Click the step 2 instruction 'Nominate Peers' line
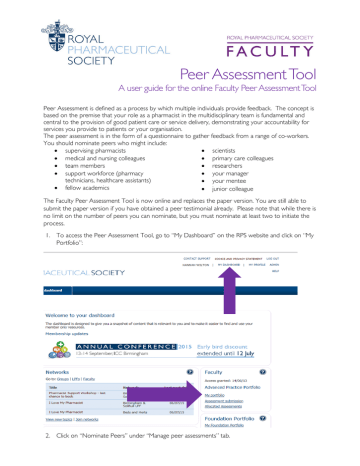point(140,458)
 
